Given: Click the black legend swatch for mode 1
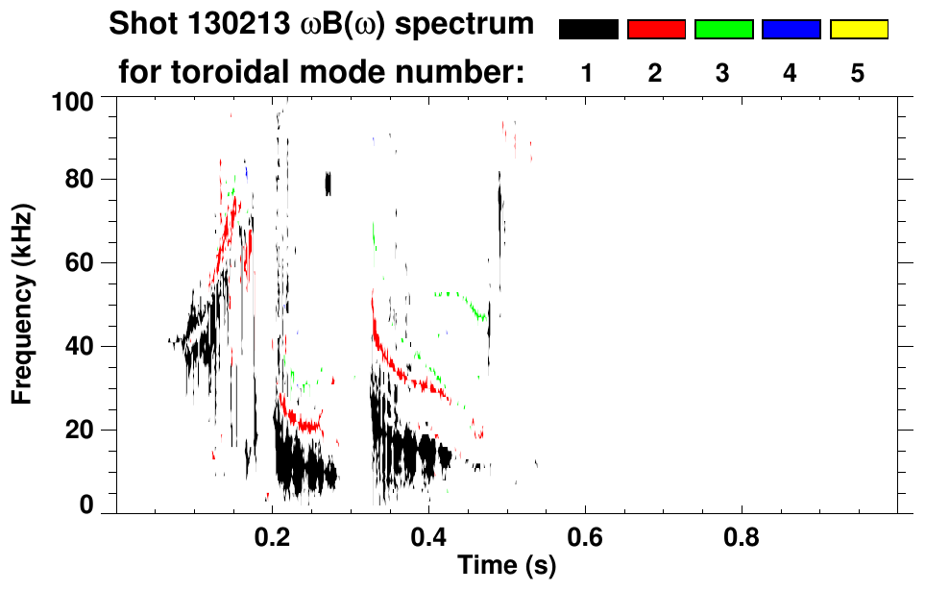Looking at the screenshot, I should [588, 30].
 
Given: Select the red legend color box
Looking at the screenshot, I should [656, 30].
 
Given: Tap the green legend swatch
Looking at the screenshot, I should [723, 30].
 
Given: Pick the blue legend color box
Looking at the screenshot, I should [791, 30].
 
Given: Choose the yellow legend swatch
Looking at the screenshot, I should [858, 30].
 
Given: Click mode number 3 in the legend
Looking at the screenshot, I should [723, 73].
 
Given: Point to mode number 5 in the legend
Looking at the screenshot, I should [858, 73].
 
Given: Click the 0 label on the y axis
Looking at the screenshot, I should [87, 505].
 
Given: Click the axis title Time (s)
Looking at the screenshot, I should [505, 567].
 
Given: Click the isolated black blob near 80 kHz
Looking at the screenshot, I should [328, 183].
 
